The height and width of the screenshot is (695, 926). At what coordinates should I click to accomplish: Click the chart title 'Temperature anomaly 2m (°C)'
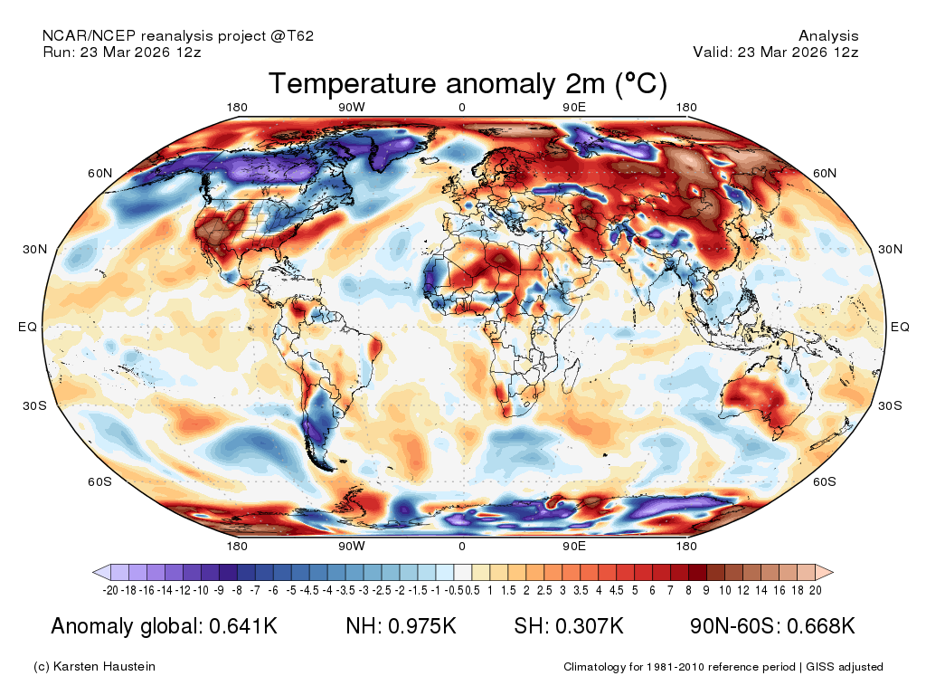pyautogui.click(x=468, y=84)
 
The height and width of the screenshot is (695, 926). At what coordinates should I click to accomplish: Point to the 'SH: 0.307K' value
pyautogui.click(x=569, y=626)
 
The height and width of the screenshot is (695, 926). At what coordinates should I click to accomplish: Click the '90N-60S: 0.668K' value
pyautogui.click(x=772, y=626)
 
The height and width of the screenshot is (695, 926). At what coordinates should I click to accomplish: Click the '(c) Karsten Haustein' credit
pyautogui.click(x=94, y=667)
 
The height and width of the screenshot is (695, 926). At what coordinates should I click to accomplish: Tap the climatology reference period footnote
pyautogui.click(x=723, y=667)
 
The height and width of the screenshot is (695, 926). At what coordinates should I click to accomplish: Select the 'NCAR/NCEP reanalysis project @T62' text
pyautogui.click(x=178, y=36)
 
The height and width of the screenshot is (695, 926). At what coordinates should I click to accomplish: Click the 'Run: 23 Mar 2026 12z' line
pyautogui.click(x=122, y=52)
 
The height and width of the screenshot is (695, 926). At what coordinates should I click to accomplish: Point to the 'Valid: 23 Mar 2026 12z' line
pyautogui.click(x=775, y=52)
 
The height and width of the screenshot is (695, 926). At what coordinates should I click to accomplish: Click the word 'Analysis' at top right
pyautogui.click(x=828, y=36)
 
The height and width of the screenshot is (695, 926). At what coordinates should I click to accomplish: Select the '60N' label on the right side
pyautogui.click(x=824, y=173)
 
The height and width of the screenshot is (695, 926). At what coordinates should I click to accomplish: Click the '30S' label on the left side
pyautogui.click(x=34, y=405)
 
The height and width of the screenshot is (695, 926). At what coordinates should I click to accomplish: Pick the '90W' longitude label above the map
pyautogui.click(x=352, y=108)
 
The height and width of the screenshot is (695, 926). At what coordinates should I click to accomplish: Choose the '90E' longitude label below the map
pyautogui.click(x=574, y=547)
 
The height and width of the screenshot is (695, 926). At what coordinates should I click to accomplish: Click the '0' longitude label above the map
pyautogui.click(x=462, y=108)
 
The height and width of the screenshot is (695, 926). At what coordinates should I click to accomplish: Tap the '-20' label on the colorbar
pyautogui.click(x=111, y=590)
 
